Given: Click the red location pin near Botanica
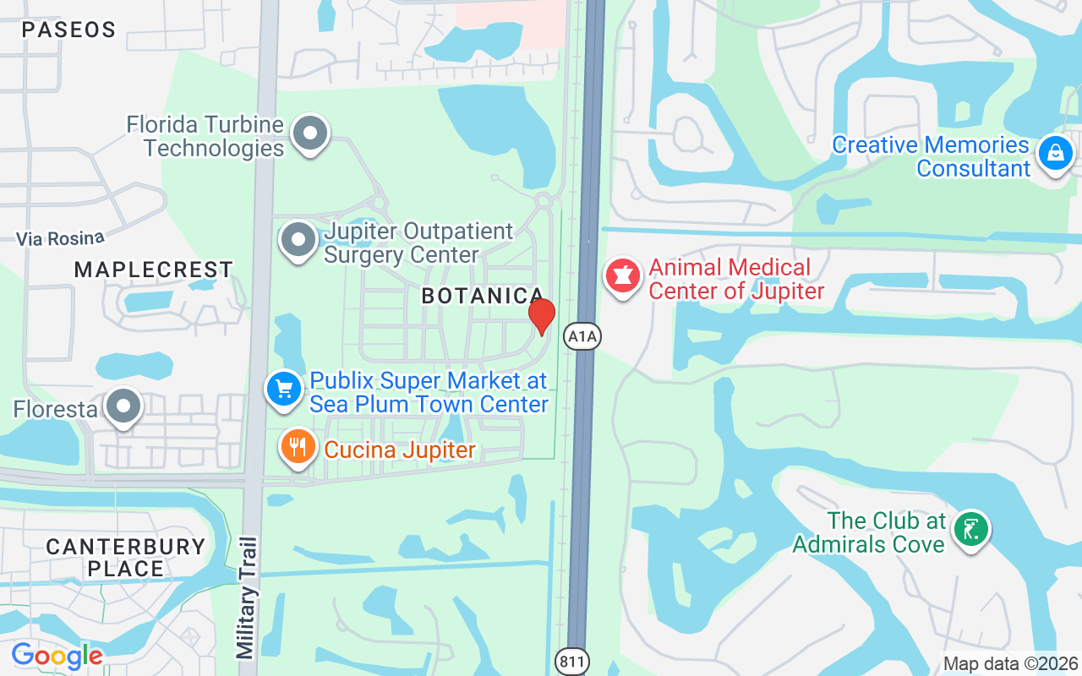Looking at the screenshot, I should (x=541, y=316).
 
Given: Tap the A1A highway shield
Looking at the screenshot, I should (x=582, y=337).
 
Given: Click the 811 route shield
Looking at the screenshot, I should (x=571, y=662).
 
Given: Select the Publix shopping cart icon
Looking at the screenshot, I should (x=284, y=390).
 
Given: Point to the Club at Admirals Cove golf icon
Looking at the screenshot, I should (x=971, y=530).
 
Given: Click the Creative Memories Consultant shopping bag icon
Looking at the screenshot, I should (x=1055, y=154).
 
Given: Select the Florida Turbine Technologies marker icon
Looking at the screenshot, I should (x=310, y=134).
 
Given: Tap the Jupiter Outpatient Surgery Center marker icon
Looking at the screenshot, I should (x=298, y=240).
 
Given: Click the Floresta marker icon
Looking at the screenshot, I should (x=124, y=406).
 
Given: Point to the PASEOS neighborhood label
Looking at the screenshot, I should (x=68, y=30).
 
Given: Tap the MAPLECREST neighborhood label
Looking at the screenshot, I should (x=153, y=270).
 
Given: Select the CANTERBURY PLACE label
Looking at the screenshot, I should (x=125, y=558).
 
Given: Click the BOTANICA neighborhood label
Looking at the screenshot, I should (x=482, y=296).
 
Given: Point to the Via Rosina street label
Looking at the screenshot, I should (x=60, y=239).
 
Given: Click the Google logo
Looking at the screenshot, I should (x=57, y=655).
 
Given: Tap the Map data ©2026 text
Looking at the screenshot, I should (x=1011, y=664).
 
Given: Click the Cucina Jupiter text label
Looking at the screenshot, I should (x=400, y=450).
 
